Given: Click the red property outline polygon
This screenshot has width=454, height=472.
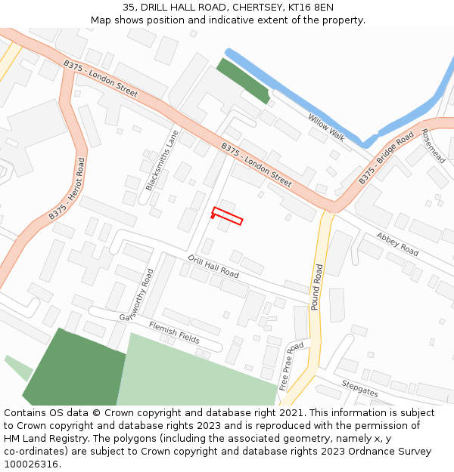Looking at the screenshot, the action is coord(228,215).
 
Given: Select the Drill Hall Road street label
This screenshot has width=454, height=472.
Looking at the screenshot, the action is coord(213,266).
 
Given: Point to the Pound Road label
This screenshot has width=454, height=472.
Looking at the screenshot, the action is coord(319,288).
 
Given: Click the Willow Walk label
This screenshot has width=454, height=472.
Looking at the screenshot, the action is coord(326,127).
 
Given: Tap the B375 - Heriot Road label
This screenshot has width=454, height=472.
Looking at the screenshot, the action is coord(67,189).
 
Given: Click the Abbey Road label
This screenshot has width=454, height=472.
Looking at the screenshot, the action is coord(397,244).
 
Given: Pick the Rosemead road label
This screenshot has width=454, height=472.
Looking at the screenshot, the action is coord(433,146).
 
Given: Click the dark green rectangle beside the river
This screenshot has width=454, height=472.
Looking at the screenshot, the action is coord(243,81).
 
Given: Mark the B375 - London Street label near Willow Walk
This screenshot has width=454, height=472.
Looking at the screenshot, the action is coord(256,165).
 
